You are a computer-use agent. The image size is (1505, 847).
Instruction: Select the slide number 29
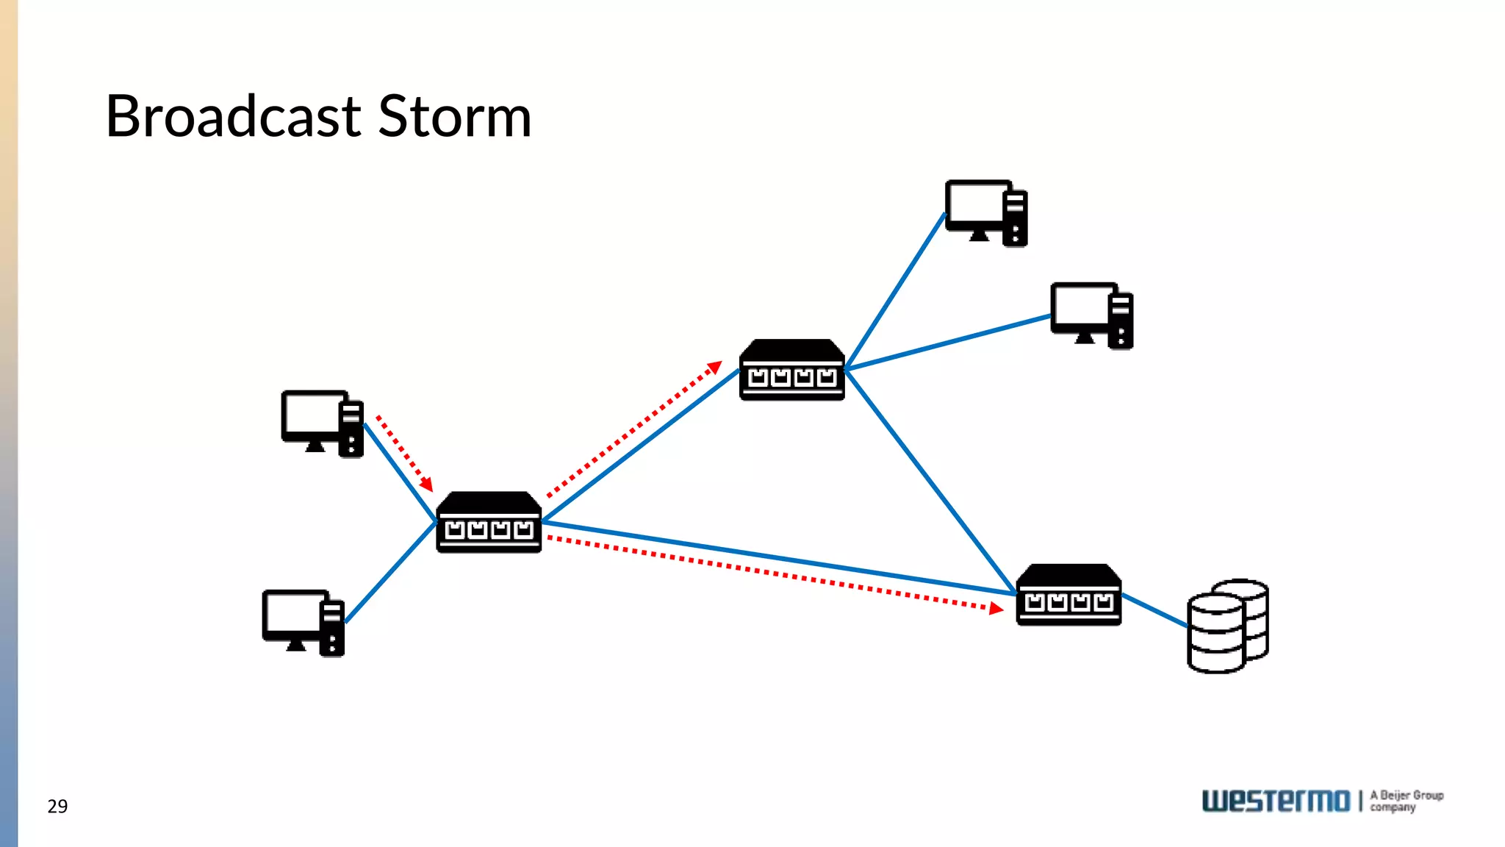tap(57, 807)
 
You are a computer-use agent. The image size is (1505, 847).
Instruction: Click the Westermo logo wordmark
tap(1276, 801)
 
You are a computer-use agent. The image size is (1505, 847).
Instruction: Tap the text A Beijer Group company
tap(1406, 801)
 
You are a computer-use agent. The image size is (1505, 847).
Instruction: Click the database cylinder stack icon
tap(1226, 626)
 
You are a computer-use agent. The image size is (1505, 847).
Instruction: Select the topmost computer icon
tap(985, 212)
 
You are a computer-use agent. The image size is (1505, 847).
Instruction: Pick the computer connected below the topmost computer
tap(1091, 315)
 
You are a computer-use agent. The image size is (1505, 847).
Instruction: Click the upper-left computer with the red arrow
tap(322, 423)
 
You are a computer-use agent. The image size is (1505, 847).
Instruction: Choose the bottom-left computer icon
tap(303, 623)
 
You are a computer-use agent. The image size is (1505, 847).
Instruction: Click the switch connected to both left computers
tap(489, 523)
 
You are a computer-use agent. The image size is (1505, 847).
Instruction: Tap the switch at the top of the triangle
tap(791, 370)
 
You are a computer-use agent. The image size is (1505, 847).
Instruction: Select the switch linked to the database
tap(1068, 595)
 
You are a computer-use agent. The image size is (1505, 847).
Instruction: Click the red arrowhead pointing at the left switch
tap(427, 486)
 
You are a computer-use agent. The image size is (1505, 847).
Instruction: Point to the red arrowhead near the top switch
tap(714, 367)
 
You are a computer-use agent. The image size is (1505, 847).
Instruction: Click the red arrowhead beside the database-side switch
tap(996, 608)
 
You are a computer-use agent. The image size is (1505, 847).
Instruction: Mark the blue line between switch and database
tap(1154, 610)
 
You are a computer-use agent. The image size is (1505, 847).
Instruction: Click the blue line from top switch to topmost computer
tap(895, 291)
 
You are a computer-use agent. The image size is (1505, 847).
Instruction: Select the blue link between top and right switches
tap(930, 482)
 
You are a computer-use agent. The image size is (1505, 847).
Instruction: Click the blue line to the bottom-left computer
tap(391, 573)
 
